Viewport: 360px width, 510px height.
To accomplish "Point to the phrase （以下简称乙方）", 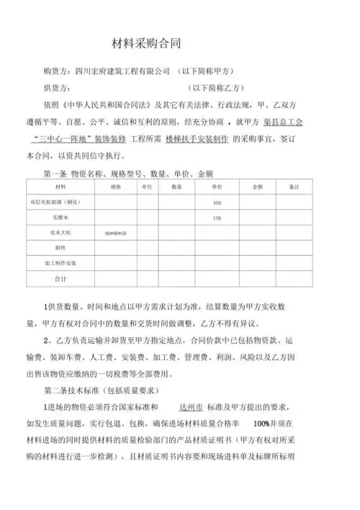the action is pyautogui.click(x=219, y=89).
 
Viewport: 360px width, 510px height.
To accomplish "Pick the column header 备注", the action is pyautogui.click(x=292, y=187).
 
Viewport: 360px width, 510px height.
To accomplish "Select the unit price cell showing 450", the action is pyautogui.click(x=217, y=202).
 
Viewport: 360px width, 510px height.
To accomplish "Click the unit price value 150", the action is pyautogui.click(x=217, y=218).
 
